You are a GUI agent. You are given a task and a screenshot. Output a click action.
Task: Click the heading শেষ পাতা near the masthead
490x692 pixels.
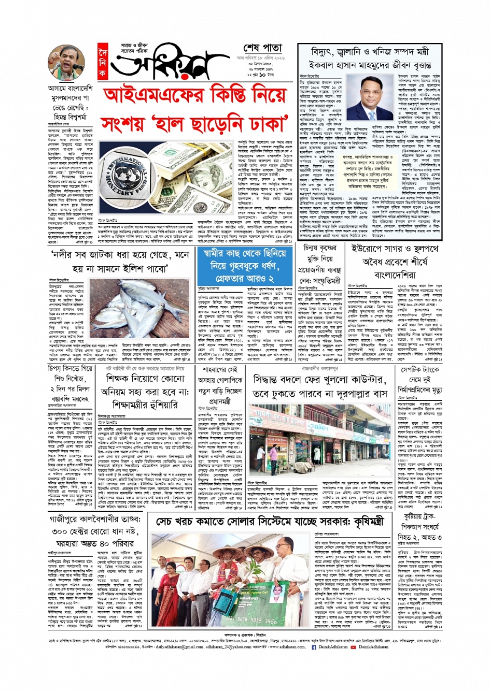tap(263, 49)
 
